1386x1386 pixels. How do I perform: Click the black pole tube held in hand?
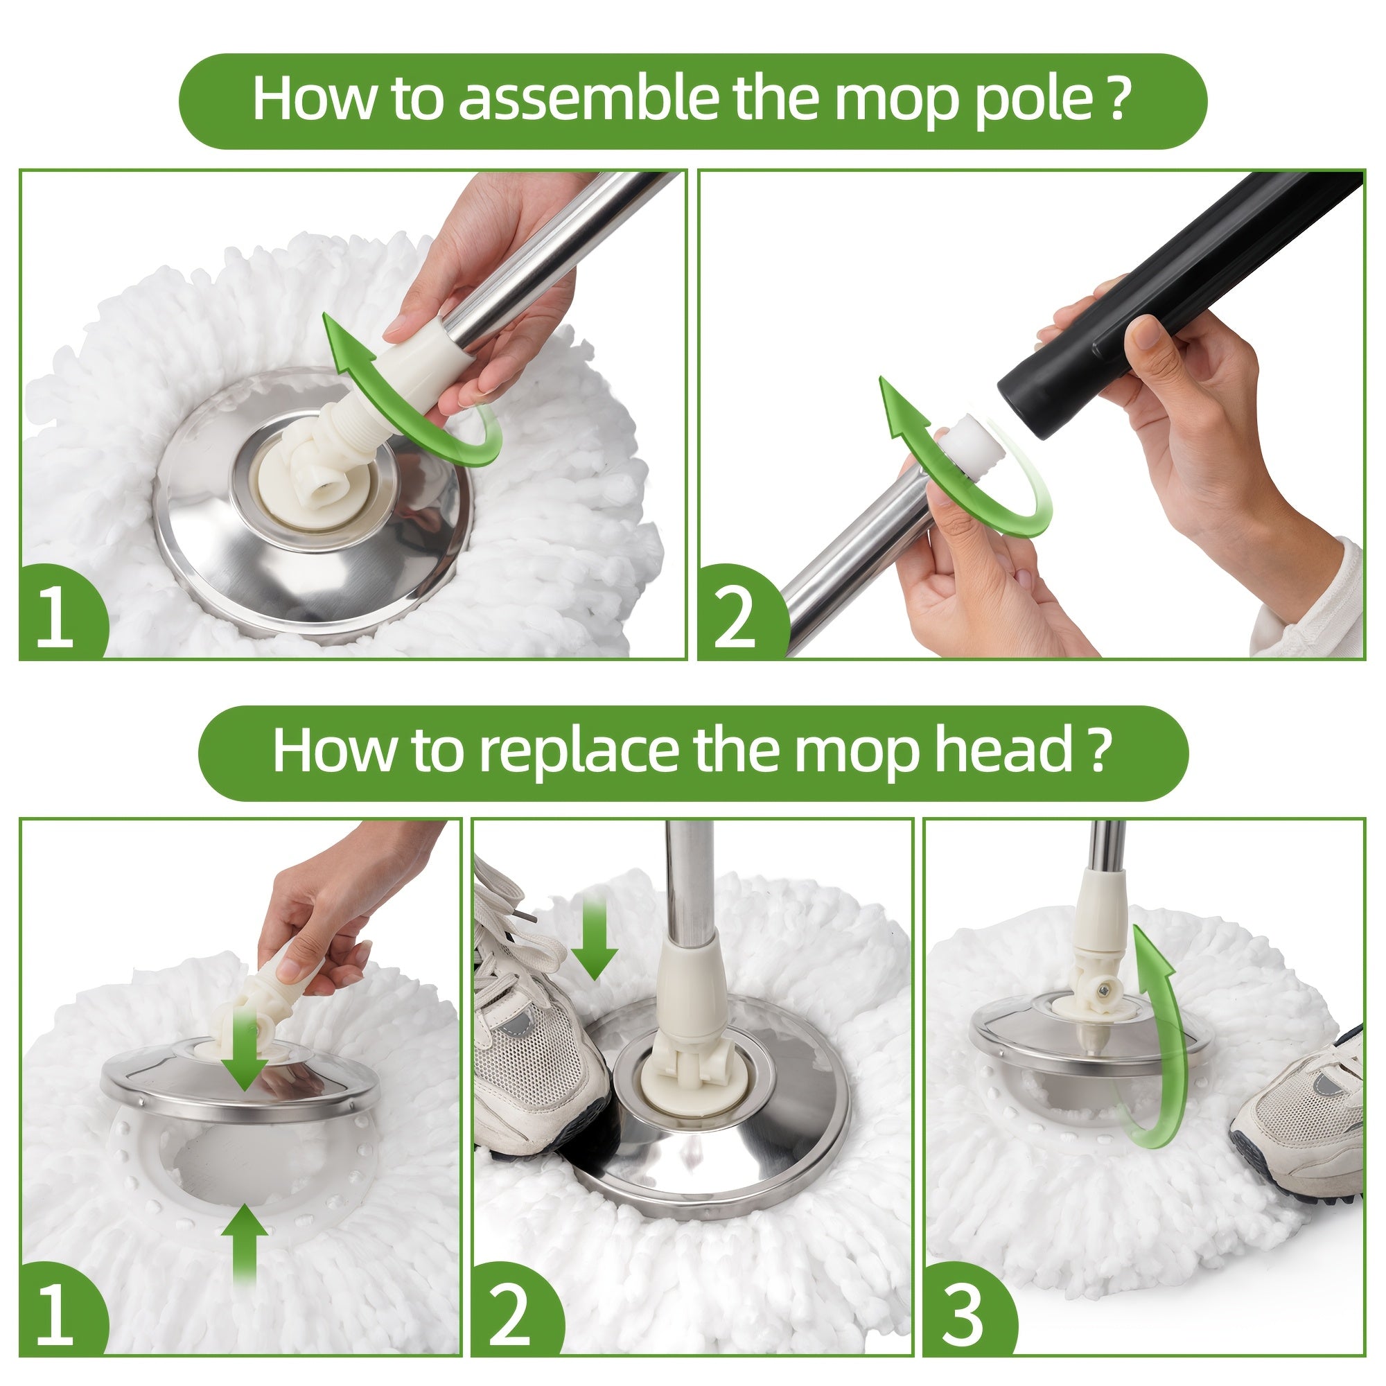click(1177, 301)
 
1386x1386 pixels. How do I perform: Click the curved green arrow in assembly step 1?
click(402, 402)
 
